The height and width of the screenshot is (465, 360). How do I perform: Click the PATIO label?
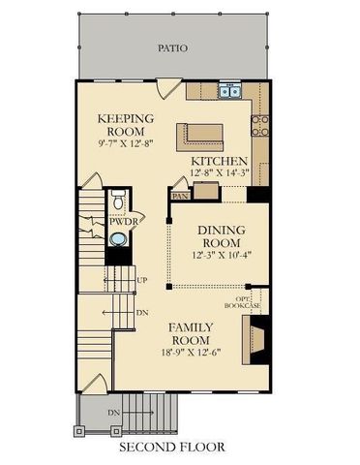pyautogui.click(x=174, y=46)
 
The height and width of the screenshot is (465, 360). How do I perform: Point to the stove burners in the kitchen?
pyautogui.click(x=260, y=123)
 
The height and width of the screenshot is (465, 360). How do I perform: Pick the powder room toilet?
pyautogui.click(x=116, y=203)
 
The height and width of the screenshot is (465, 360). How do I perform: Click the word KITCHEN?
pyautogui.click(x=220, y=161)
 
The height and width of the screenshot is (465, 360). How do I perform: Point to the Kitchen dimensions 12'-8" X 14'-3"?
pyautogui.click(x=220, y=173)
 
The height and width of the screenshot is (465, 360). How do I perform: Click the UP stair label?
pyautogui.click(x=142, y=281)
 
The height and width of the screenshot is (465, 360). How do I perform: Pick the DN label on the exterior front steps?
pyautogui.click(x=113, y=415)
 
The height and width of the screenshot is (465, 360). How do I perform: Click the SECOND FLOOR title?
pyautogui.click(x=172, y=448)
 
